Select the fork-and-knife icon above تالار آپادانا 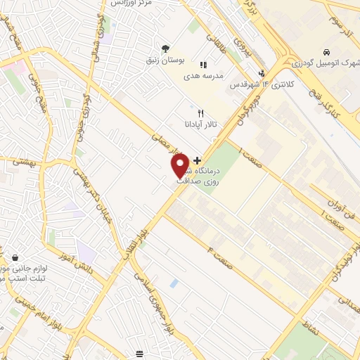tap(200, 113)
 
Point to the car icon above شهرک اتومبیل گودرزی tap(327, 53)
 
